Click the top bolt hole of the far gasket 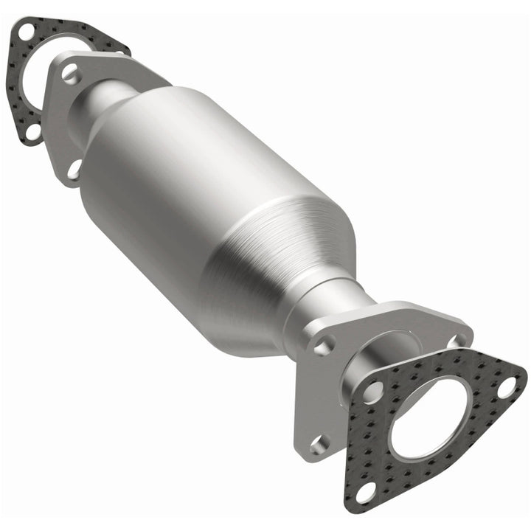point(26,32)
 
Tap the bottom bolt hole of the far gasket point(33,131)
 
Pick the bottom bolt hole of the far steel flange point(74,169)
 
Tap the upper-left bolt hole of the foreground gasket point(374,392)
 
